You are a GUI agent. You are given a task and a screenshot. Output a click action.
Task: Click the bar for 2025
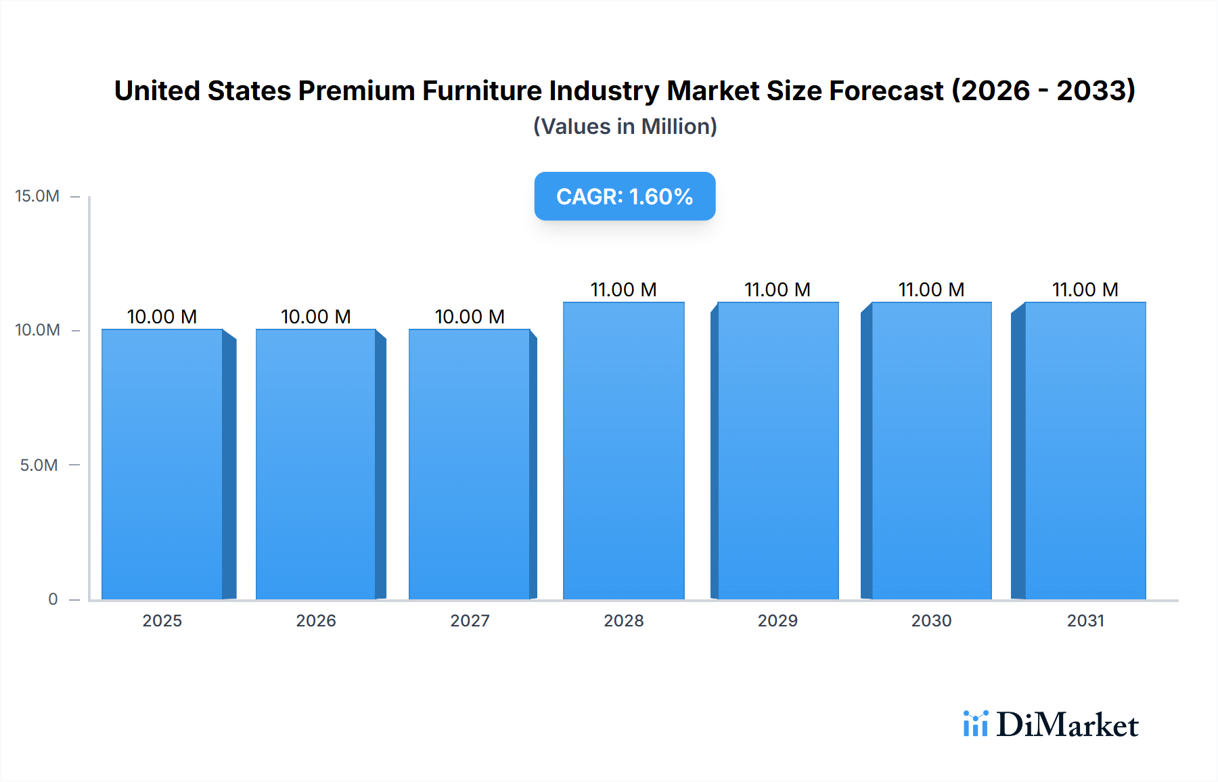[162, 464]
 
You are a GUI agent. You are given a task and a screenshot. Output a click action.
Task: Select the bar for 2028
[623, 451]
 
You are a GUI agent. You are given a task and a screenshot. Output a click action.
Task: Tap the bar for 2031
[1085, 451]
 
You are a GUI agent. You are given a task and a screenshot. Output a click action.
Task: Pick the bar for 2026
[315, 464]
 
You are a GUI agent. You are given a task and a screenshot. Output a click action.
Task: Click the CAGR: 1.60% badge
[625, 196]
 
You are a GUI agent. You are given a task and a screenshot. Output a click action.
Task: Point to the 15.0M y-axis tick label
[37, 196]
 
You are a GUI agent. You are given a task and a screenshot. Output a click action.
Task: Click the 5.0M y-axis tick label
[39, 465]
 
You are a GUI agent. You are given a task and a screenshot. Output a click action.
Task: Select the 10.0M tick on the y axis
[37, 330]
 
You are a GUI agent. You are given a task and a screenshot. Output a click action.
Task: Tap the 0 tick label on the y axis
[53, 599]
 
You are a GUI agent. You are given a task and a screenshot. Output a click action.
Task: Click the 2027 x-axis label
[470, 620]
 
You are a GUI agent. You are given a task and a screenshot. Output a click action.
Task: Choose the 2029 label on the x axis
[777, 620]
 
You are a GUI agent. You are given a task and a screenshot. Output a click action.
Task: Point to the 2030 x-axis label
[931, 620]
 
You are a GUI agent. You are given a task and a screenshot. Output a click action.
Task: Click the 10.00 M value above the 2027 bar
[470, 317]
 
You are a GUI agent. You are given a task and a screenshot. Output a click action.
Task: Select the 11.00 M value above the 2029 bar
[777, 290]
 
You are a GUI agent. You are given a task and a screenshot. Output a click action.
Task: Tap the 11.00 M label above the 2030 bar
[931, 290]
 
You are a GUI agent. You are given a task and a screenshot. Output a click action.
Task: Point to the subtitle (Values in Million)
[625, 127]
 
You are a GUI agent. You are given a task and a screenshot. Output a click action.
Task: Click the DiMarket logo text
[1067, 724]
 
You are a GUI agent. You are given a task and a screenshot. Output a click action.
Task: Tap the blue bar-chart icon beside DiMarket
[975, 724]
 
